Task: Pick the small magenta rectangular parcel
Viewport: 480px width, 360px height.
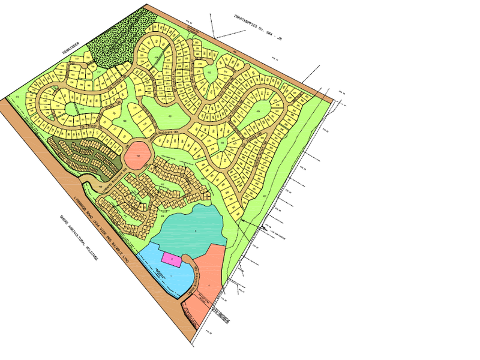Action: click(172, 259)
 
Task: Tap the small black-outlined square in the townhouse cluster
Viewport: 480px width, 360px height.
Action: click(143, 206)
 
